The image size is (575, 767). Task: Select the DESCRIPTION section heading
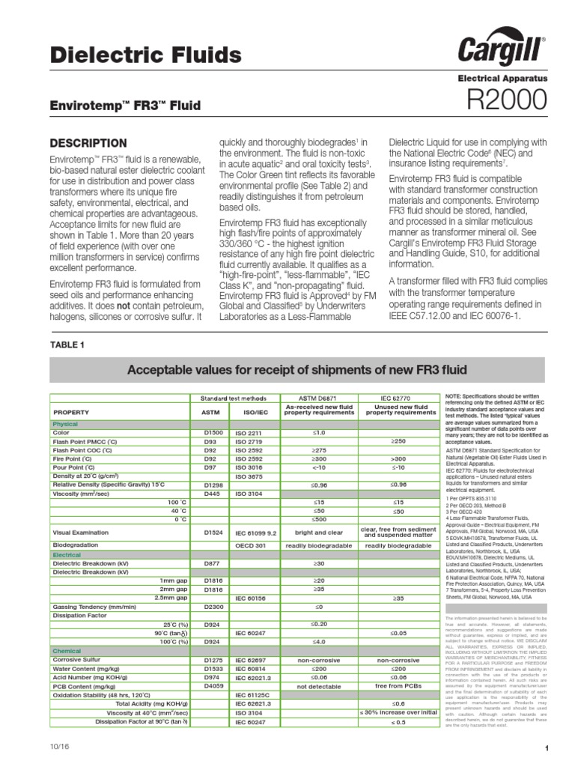[x=88, y=142]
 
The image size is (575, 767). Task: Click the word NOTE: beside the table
[x=455, y=395]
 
